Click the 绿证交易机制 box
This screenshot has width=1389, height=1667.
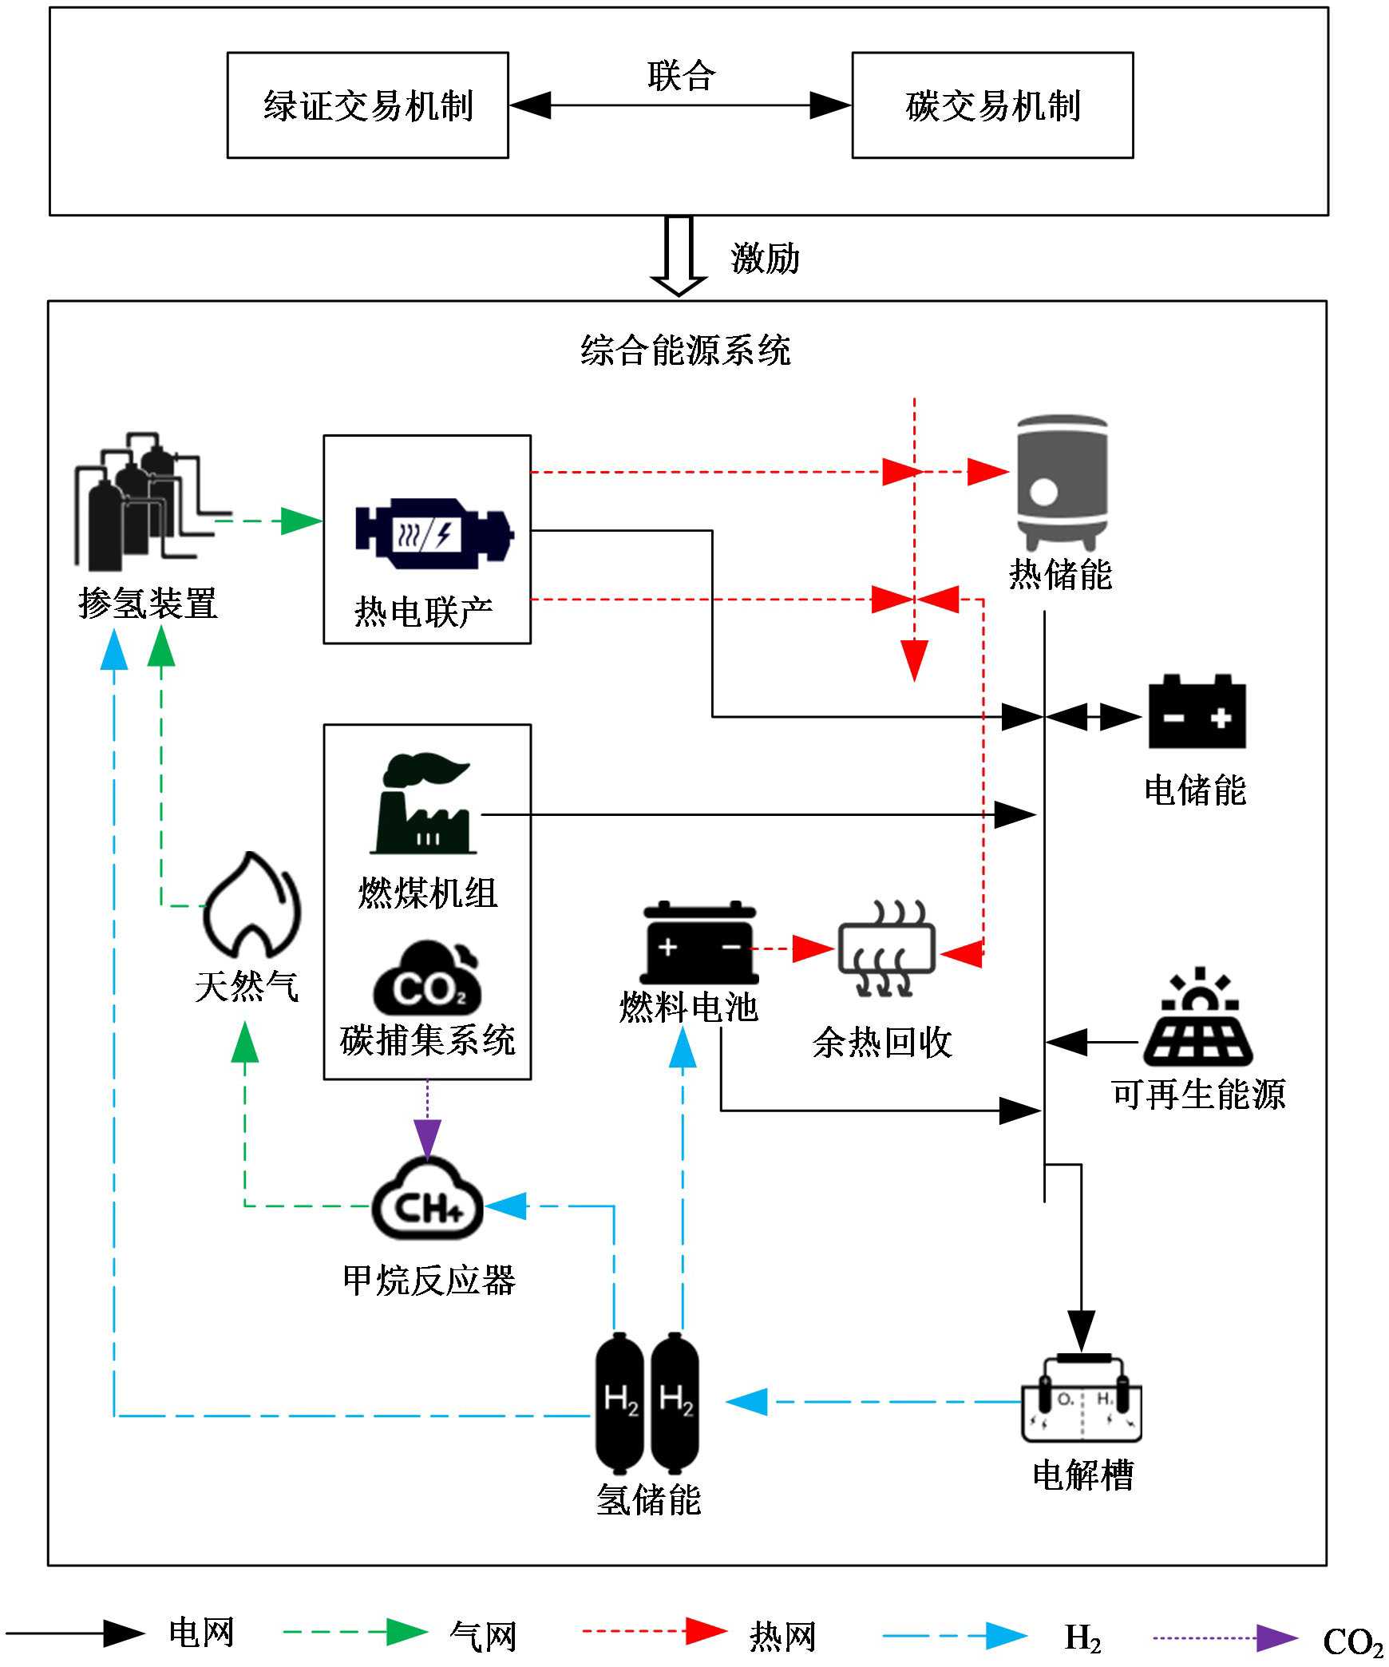[x=368, y=105]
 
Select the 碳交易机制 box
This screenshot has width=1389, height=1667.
[x=992, y=105]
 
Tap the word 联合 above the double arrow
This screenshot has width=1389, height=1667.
[x=681, y=77]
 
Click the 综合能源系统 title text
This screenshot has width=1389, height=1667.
[x=685, y=350]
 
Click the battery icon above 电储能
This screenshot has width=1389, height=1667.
[x=1197, y=712]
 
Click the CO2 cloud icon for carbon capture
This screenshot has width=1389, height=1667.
[x=428, y=979]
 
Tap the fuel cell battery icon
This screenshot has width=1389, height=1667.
[x=699, y=944]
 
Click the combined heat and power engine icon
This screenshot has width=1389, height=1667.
[x=434, y=533]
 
